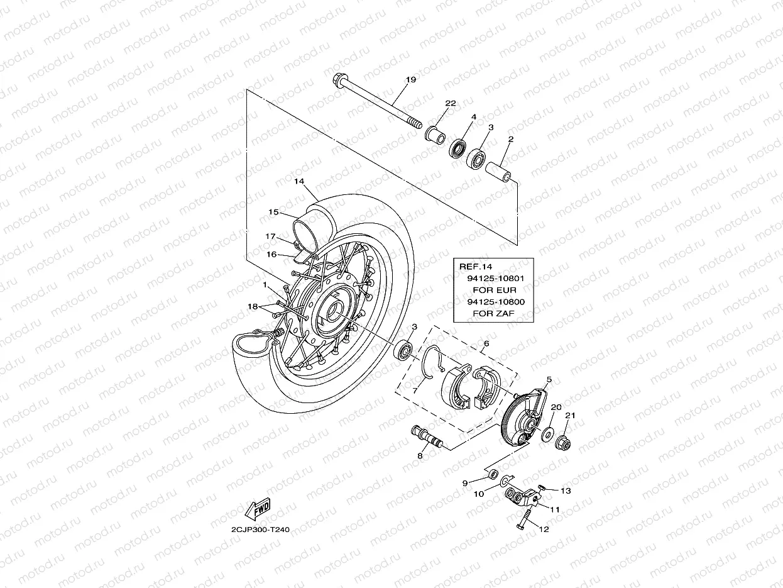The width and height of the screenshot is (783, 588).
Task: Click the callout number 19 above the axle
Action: (410, 80)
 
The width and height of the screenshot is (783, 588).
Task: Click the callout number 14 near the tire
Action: (298, 181)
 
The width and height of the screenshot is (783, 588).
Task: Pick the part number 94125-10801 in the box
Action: (496, 277)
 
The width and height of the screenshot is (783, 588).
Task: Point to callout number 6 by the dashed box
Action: (485, 344)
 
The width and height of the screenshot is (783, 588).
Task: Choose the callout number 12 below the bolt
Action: (544, 529)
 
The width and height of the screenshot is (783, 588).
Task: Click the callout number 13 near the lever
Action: (566, 491)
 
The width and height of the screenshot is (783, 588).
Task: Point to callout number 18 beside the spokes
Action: (252, 306)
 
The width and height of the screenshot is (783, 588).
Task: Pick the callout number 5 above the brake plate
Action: (549, 380)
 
